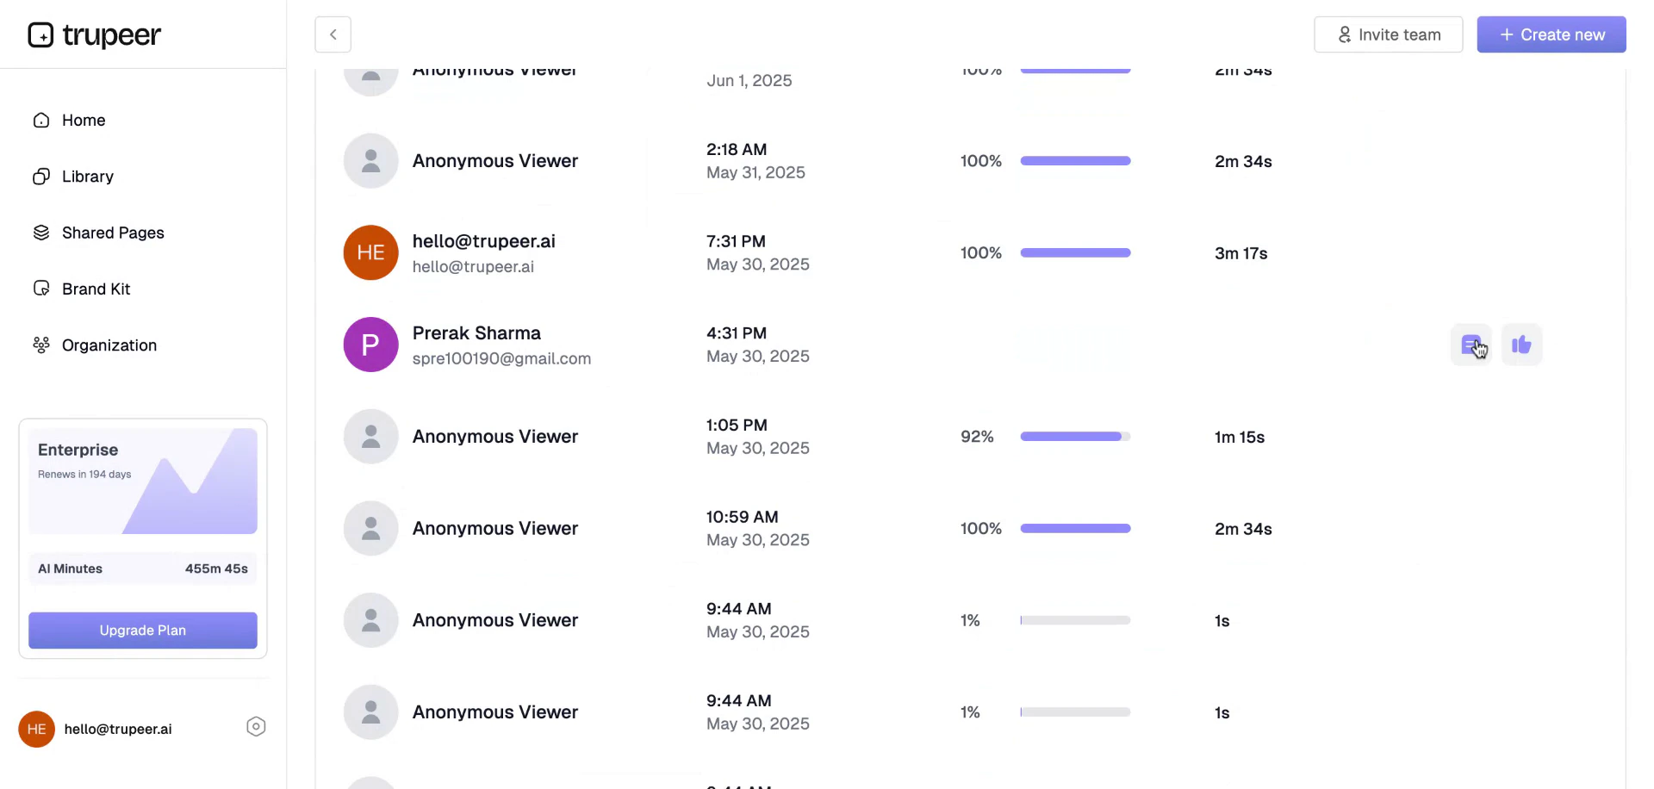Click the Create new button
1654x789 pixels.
[x=1551, y=34]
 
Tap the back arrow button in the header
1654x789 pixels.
[x=333, y=34]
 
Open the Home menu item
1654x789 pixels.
[x=83, y=121]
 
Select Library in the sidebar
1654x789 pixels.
[x=87, y=177]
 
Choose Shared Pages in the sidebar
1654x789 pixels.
[x=112, y=233]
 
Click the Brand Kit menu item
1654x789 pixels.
[x=96, y=289]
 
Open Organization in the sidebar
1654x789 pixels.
[x=109, y=345]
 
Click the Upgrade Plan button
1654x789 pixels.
[x=143, y=631]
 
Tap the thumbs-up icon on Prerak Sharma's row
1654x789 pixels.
[x=1521, y=345]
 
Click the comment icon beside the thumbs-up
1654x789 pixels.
[x=1471, y=345]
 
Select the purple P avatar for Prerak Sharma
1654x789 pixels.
[x=370, y=345]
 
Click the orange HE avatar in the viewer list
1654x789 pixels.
[x=370, y=252]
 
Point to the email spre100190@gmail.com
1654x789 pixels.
[x=501, y=358]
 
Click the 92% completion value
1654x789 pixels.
[x=977, y=437]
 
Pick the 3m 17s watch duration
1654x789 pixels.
[x=1240, y=253]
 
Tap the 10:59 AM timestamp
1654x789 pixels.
[x=742, y=517]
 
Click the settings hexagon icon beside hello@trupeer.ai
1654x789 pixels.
[x=256, y=727]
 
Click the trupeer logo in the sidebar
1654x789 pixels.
[x=95, y=34]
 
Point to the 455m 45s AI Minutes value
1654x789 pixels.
[x=216, y=568]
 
